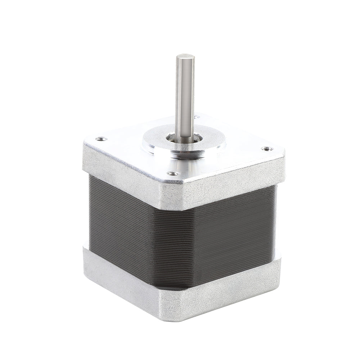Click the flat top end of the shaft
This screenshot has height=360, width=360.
[x=185, y=57]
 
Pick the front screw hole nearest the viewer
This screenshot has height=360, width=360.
[x=174, y=174]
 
